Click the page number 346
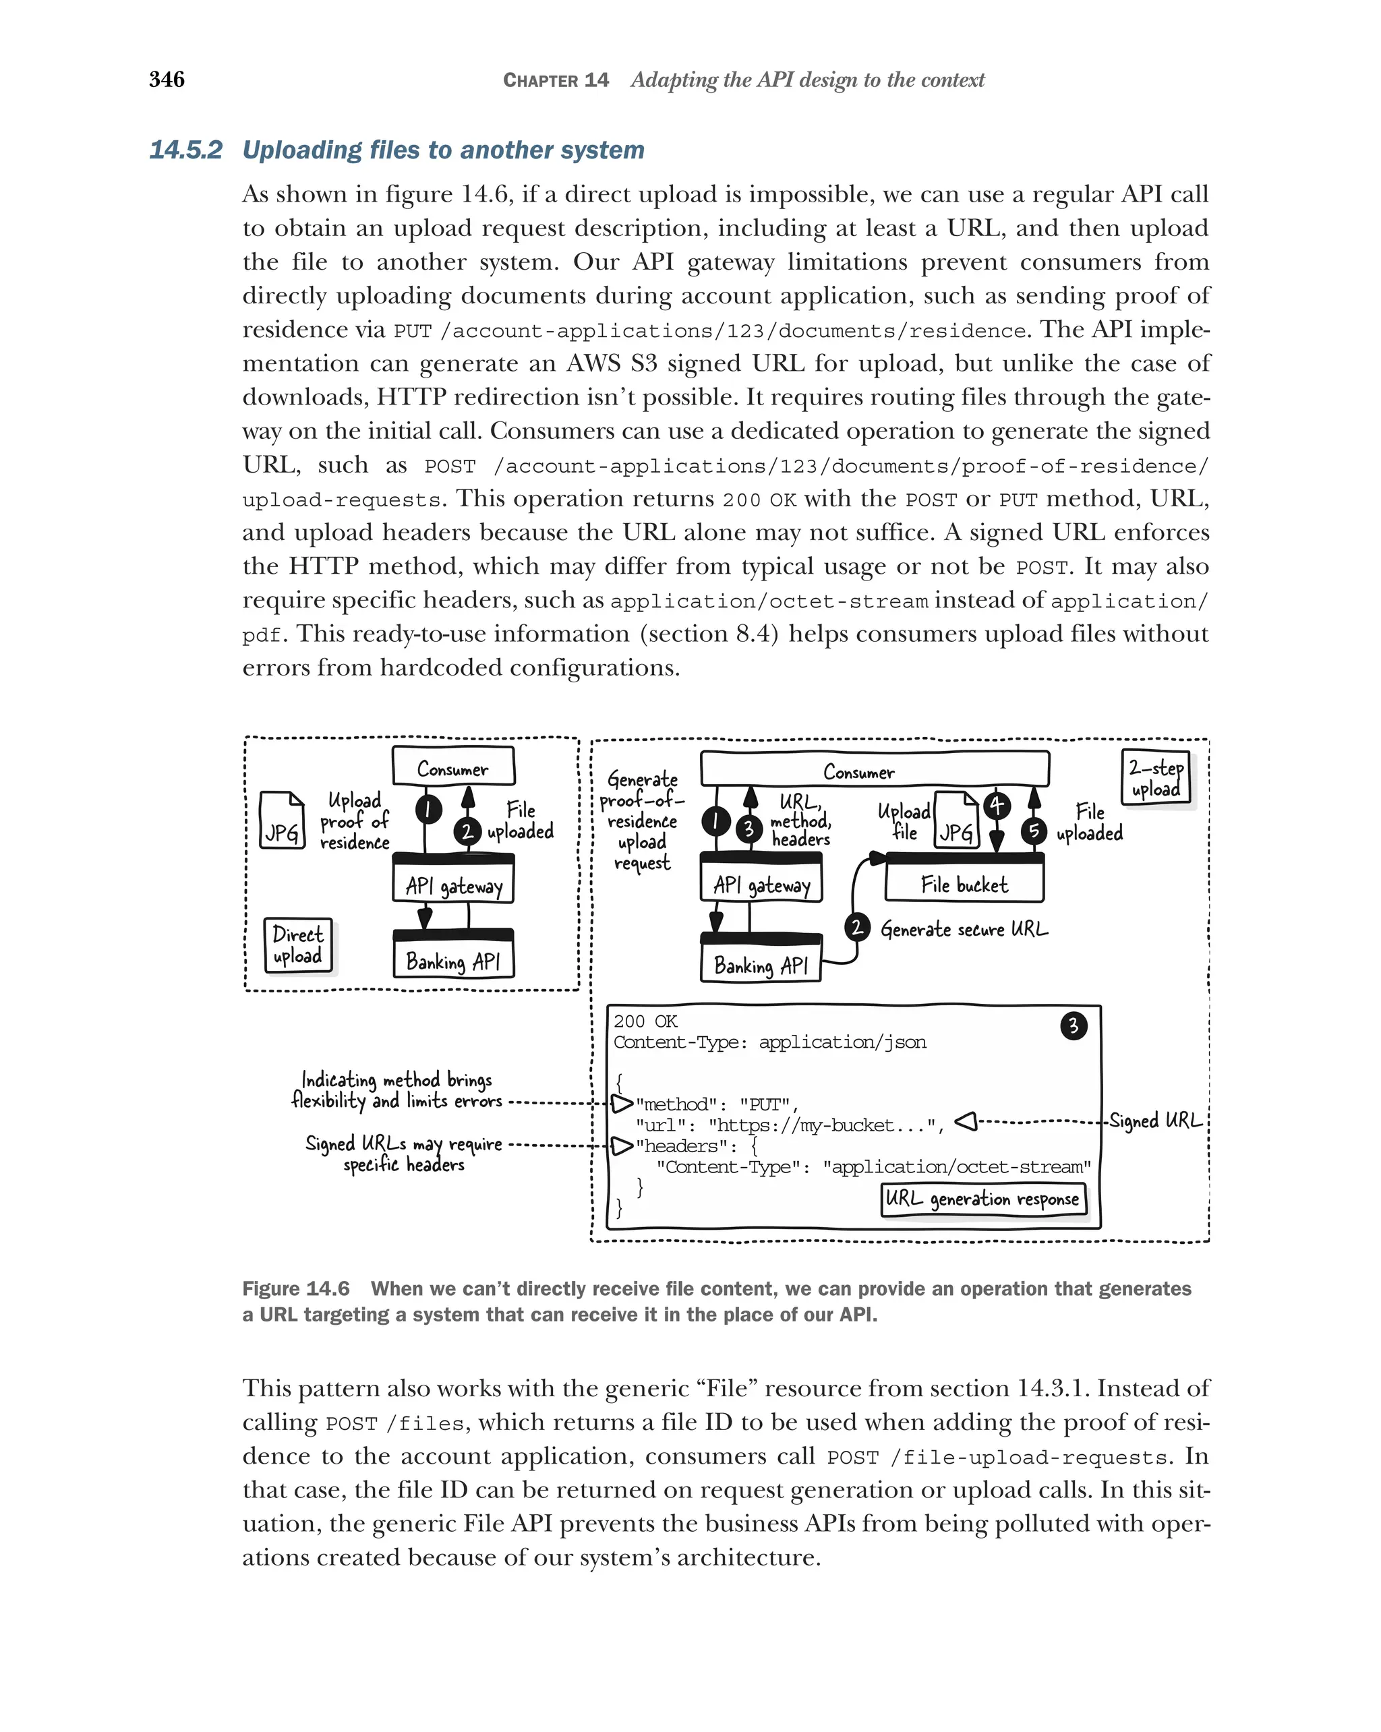167,80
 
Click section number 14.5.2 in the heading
185,150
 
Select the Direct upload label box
297,945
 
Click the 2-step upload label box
1155,777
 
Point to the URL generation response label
982,1199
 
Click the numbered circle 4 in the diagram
996,805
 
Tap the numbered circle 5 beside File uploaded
1034,831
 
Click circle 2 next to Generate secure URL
857,927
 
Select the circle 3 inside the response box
1073,1026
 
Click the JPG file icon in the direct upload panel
282,820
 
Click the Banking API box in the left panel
453,960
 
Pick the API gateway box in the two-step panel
761,884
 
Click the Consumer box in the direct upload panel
452,768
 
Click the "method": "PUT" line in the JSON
715,1104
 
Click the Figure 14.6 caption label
295,1288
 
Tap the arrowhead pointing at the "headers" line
622,1145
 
